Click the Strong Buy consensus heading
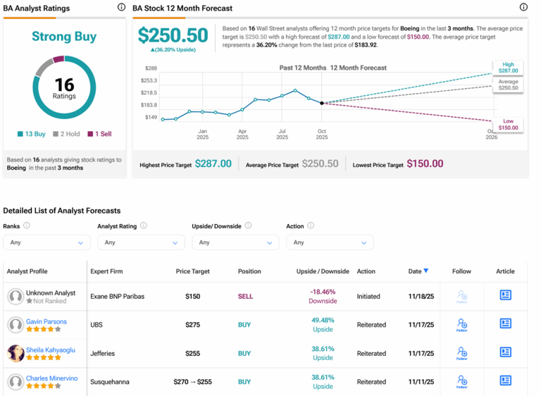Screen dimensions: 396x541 [64, 37]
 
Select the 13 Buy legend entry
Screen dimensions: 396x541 [32, 134]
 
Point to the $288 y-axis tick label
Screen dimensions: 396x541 [151, 68]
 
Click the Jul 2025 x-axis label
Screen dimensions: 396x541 [282, 134]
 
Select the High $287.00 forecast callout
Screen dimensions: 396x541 [508, 68]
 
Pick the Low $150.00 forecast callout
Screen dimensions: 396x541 [508, 125]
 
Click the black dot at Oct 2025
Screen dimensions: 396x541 [322, 103]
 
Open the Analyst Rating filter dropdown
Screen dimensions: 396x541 [141, 242]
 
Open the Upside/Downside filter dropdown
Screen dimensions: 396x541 [235, 242]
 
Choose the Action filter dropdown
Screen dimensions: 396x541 [330, 242]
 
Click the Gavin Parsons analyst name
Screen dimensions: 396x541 [46, 321]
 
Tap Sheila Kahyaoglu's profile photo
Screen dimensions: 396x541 [15, 353]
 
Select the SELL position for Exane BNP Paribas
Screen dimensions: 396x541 [245, 297]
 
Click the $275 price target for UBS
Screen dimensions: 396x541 [193, 325]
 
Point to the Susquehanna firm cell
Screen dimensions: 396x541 [109, 382]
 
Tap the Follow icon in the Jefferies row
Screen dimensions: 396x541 [461, 353]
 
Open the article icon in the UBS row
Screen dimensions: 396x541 [505, 324]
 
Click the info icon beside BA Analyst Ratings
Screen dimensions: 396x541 [122, 7]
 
